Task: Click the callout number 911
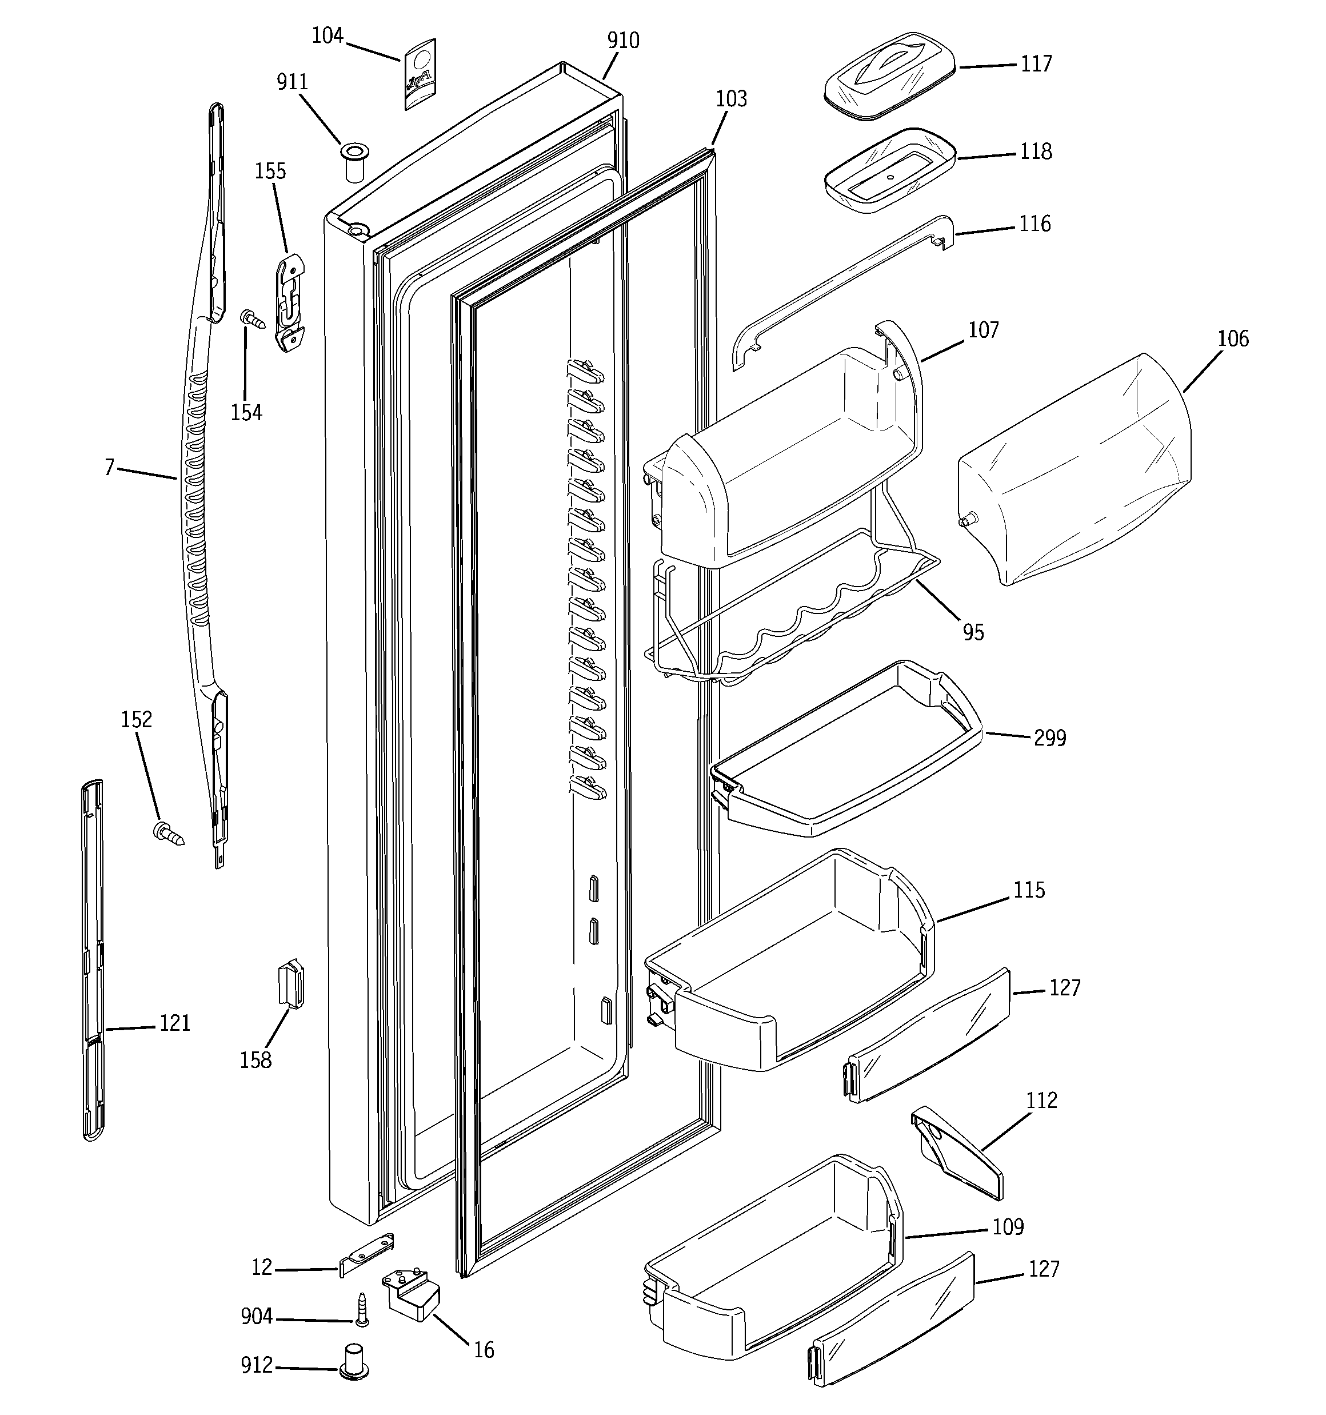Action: [x=292, y=82]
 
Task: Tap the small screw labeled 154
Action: [x=252, y=318]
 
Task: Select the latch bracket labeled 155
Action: [x=290, y=302]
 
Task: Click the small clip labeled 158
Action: [x=290, y=983]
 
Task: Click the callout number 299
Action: [x=1049, y=738]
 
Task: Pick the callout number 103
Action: [x=731, y=99]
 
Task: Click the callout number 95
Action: [x=972, y=632]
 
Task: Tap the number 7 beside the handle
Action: [x=109, y=468]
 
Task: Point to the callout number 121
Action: [x=174, y=1023]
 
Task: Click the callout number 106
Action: [x=1232, y=339]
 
